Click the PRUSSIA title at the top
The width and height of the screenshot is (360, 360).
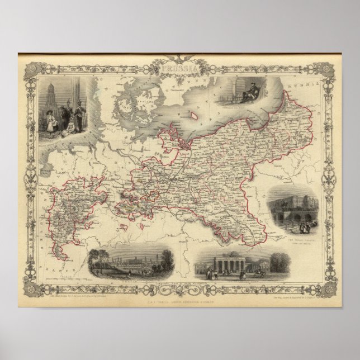point(180,70)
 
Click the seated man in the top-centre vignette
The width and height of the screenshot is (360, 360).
point(246,91)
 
